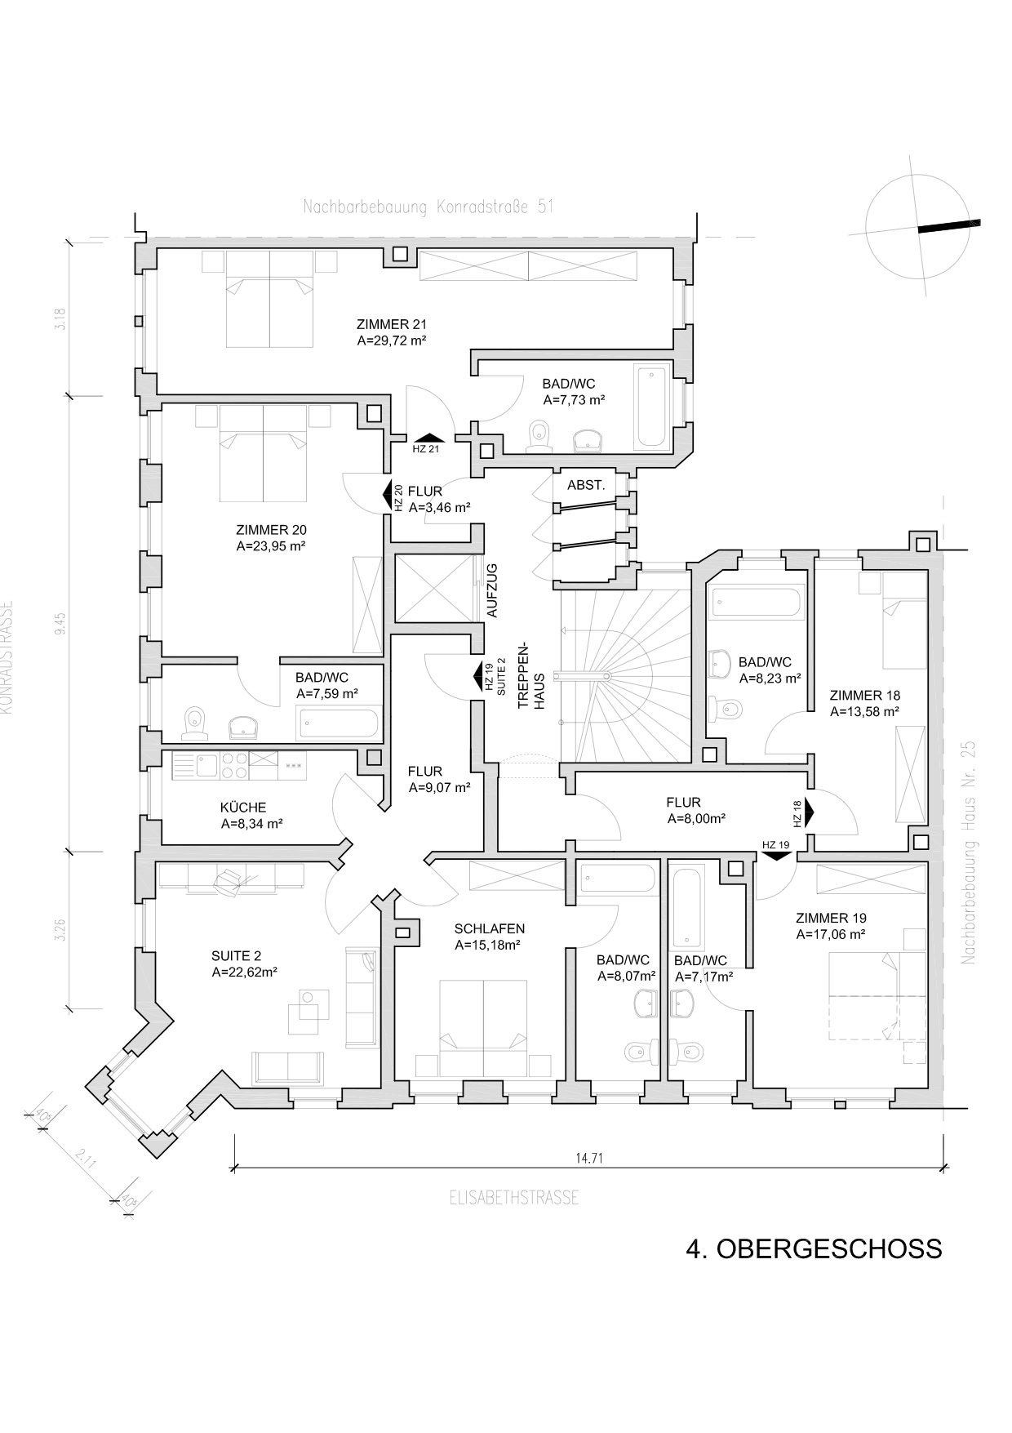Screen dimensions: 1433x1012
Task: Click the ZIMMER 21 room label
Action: pyautogui.click(x=391, y=324)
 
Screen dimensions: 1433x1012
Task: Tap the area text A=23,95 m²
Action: pyautogui.click(x=270, y=546)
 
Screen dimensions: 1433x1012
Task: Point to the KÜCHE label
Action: pyautogui.click(x=243, y=808)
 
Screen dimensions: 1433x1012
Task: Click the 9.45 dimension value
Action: pyautogui.click(x=60, y=625)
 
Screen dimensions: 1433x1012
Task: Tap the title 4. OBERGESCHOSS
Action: pyautogui.click(x=814, y=1248)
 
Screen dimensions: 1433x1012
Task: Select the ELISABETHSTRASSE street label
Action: pyautogui.click(x=514, y=1198)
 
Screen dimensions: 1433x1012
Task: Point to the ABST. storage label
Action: pyautogui.click(x=586, y=485)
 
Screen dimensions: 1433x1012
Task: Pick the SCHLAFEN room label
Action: pyautogui.click(x=490, y=928)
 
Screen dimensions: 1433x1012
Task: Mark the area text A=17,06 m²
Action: pyautogui.click(x=831, y=934)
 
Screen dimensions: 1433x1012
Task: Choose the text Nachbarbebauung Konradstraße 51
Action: pyautogui.click(x=428, y=207)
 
